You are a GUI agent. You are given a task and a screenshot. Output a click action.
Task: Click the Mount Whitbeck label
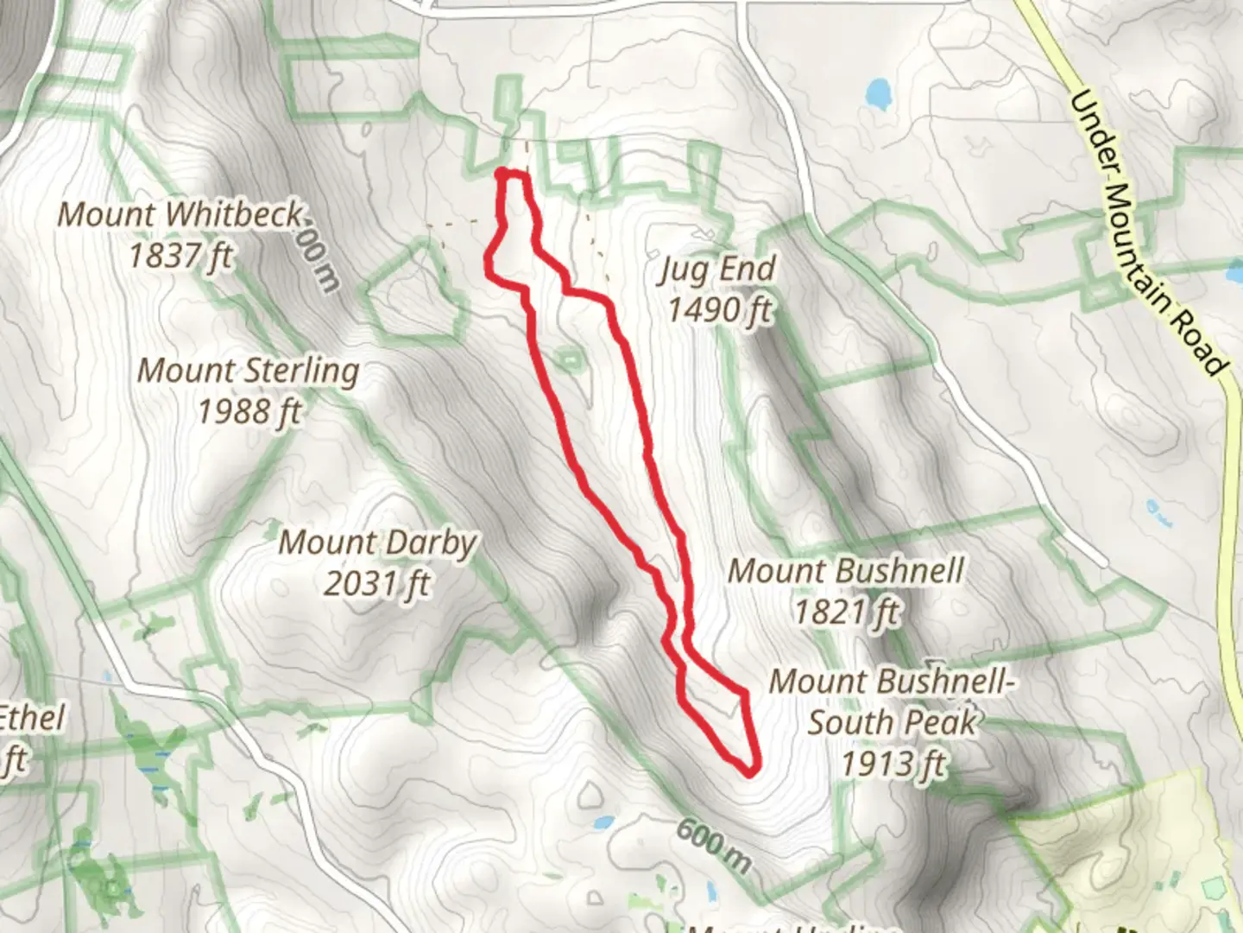tap(180, 213)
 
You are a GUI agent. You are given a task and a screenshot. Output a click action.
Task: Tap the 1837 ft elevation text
tap(180, 255)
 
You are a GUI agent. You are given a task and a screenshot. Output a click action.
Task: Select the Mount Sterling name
tap(249, 371)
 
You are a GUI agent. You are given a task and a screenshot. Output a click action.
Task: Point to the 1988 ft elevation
tap(249, 411)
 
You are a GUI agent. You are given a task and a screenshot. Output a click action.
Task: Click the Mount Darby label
tap(377, 543)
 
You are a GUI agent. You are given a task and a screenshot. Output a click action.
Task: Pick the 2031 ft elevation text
tap(377, 584)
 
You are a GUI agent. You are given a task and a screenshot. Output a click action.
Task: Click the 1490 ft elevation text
tap(718, 309)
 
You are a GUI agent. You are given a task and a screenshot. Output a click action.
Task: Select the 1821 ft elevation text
tap(846, 612)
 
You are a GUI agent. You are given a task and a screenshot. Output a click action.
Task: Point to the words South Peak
tap(891, 722)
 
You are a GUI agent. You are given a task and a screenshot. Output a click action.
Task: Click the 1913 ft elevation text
tap(893, 764)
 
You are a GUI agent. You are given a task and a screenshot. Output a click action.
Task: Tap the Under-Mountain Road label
tap(1146, 233)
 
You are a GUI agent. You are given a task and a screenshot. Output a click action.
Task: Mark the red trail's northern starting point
tap(502, 175)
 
